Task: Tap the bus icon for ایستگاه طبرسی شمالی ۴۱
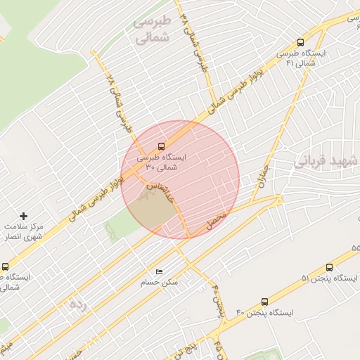point(301,42)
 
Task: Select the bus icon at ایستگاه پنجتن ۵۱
point(330,267)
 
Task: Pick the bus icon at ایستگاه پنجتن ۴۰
point(264,302)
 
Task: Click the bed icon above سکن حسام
point(160,271)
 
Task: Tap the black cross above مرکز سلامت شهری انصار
point(24,216)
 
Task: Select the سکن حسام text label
point(165,282)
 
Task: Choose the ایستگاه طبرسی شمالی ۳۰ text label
point(164,162)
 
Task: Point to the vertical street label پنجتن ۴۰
point(217,300)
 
